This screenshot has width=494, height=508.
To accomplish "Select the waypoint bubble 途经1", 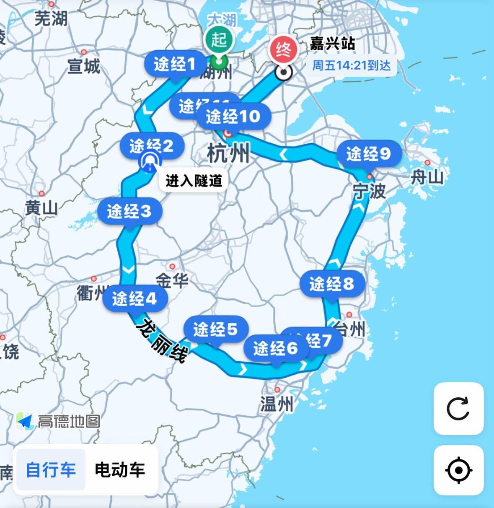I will pos(175,64).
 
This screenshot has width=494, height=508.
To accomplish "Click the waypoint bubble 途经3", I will pos(129,211).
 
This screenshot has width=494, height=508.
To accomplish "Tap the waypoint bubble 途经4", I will pos(134,298).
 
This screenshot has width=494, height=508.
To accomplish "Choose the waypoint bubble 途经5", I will pos(215,329).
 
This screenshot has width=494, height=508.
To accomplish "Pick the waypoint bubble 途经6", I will pos(275,348).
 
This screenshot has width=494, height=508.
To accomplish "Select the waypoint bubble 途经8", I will pos(332,284).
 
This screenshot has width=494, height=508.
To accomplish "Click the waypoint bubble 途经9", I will pos(368,154).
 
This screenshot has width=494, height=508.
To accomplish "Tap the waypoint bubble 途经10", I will pos(233,116).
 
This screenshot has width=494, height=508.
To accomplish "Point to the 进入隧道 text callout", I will pos(194,181).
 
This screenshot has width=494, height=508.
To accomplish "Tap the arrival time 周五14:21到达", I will pos(351,65).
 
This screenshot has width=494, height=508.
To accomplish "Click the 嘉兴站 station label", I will pos(332,44).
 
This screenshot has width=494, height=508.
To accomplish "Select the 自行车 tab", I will pos(51,469).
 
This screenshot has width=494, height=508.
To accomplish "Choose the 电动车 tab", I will pos(120,469).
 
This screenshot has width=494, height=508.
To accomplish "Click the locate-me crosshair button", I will pos(458,470).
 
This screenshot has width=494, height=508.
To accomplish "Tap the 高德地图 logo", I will pos(59,421).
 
